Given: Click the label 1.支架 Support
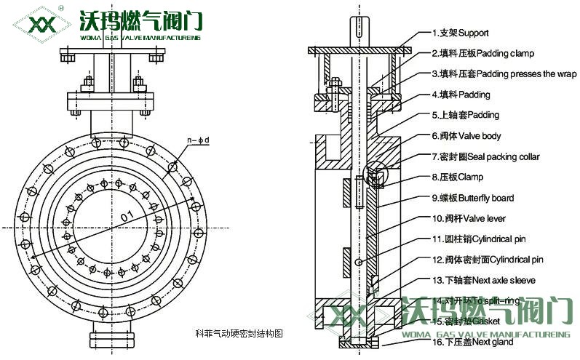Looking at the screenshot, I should (x=460, y=33).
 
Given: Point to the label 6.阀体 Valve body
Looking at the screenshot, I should (x=466, y=136).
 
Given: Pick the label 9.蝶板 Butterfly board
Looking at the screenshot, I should (x=472, y=198).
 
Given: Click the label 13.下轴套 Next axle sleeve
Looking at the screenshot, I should (x=483, y=280).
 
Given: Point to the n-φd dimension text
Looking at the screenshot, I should (x=198, y=139).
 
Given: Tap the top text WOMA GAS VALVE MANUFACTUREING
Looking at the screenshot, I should (x=141, y=38).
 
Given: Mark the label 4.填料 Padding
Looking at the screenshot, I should (x=461, y=95).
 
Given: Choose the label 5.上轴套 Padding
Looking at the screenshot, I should (x=465, y=115).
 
